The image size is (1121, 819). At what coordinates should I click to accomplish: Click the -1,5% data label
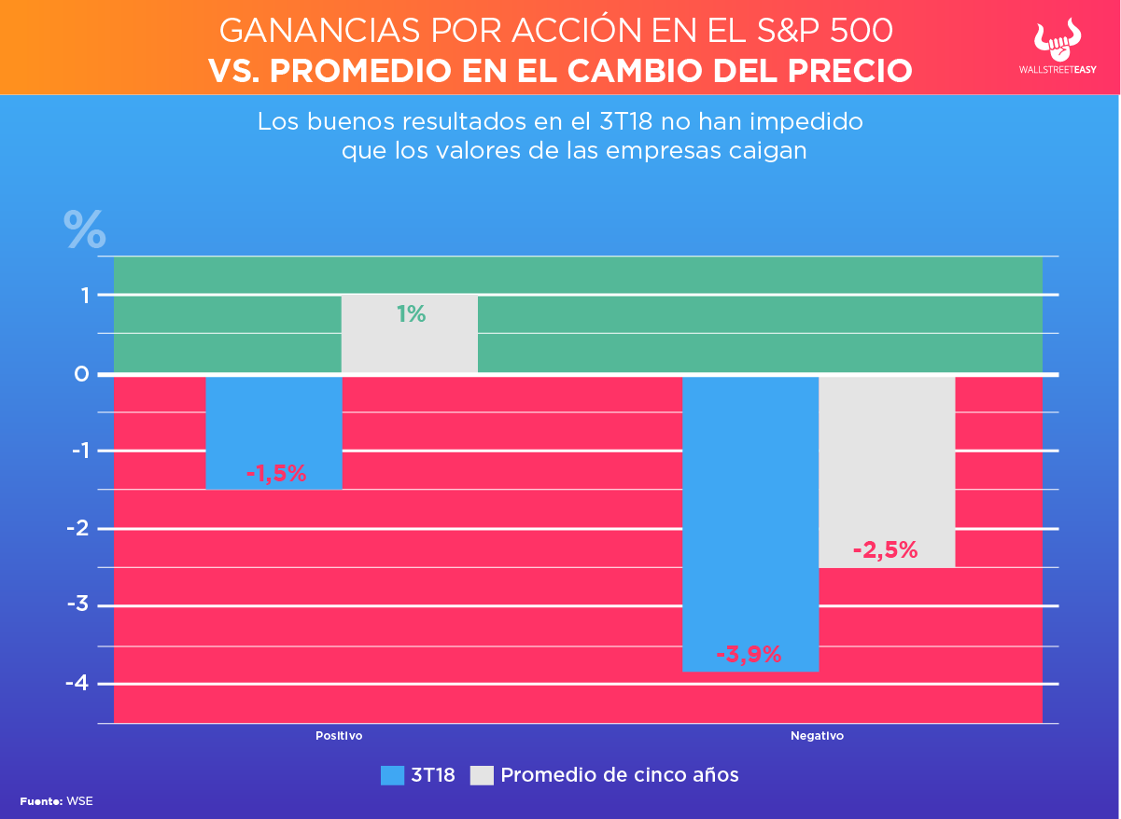pos(276,474)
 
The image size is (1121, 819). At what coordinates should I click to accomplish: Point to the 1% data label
pos(411,314)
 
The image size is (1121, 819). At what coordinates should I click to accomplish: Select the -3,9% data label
pos(749,654)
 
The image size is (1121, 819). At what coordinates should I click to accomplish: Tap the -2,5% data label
pos(885,550)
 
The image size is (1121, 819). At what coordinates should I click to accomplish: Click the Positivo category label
pos(338,736)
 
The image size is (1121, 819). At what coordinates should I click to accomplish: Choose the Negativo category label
pos(817,736)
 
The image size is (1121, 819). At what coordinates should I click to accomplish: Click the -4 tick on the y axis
pos(77,683)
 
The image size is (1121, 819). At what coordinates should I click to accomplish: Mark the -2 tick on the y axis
pos(77,528)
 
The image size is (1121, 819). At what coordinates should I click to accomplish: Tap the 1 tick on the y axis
pos(84,296)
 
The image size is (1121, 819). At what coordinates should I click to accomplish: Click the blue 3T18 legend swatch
pos(392,775)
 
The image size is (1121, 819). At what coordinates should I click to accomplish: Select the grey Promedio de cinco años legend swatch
pos(482,775)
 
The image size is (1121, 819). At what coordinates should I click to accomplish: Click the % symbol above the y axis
pos(84,229)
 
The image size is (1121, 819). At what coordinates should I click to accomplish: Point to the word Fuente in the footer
pos(40,801)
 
